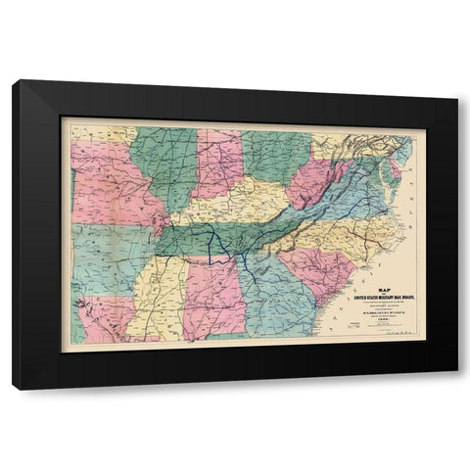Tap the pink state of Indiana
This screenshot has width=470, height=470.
pyautogui.click(x=217, y=162)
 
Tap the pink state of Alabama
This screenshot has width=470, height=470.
pyautogui.click(x=211, y=294)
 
